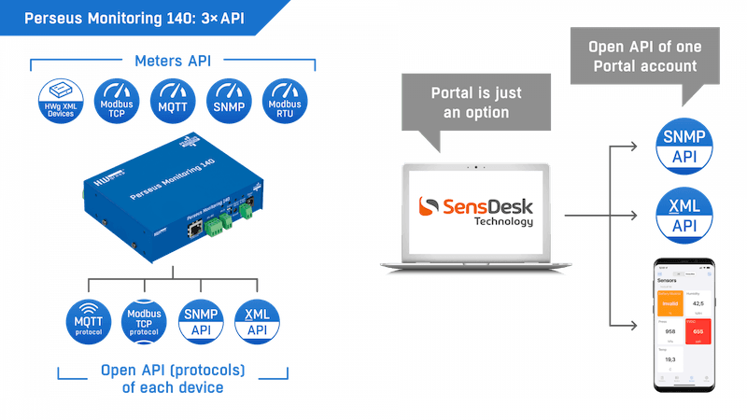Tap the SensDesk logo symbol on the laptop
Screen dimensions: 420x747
[x=429, y=206]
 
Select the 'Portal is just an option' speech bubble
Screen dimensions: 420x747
[x=476, y=103]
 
